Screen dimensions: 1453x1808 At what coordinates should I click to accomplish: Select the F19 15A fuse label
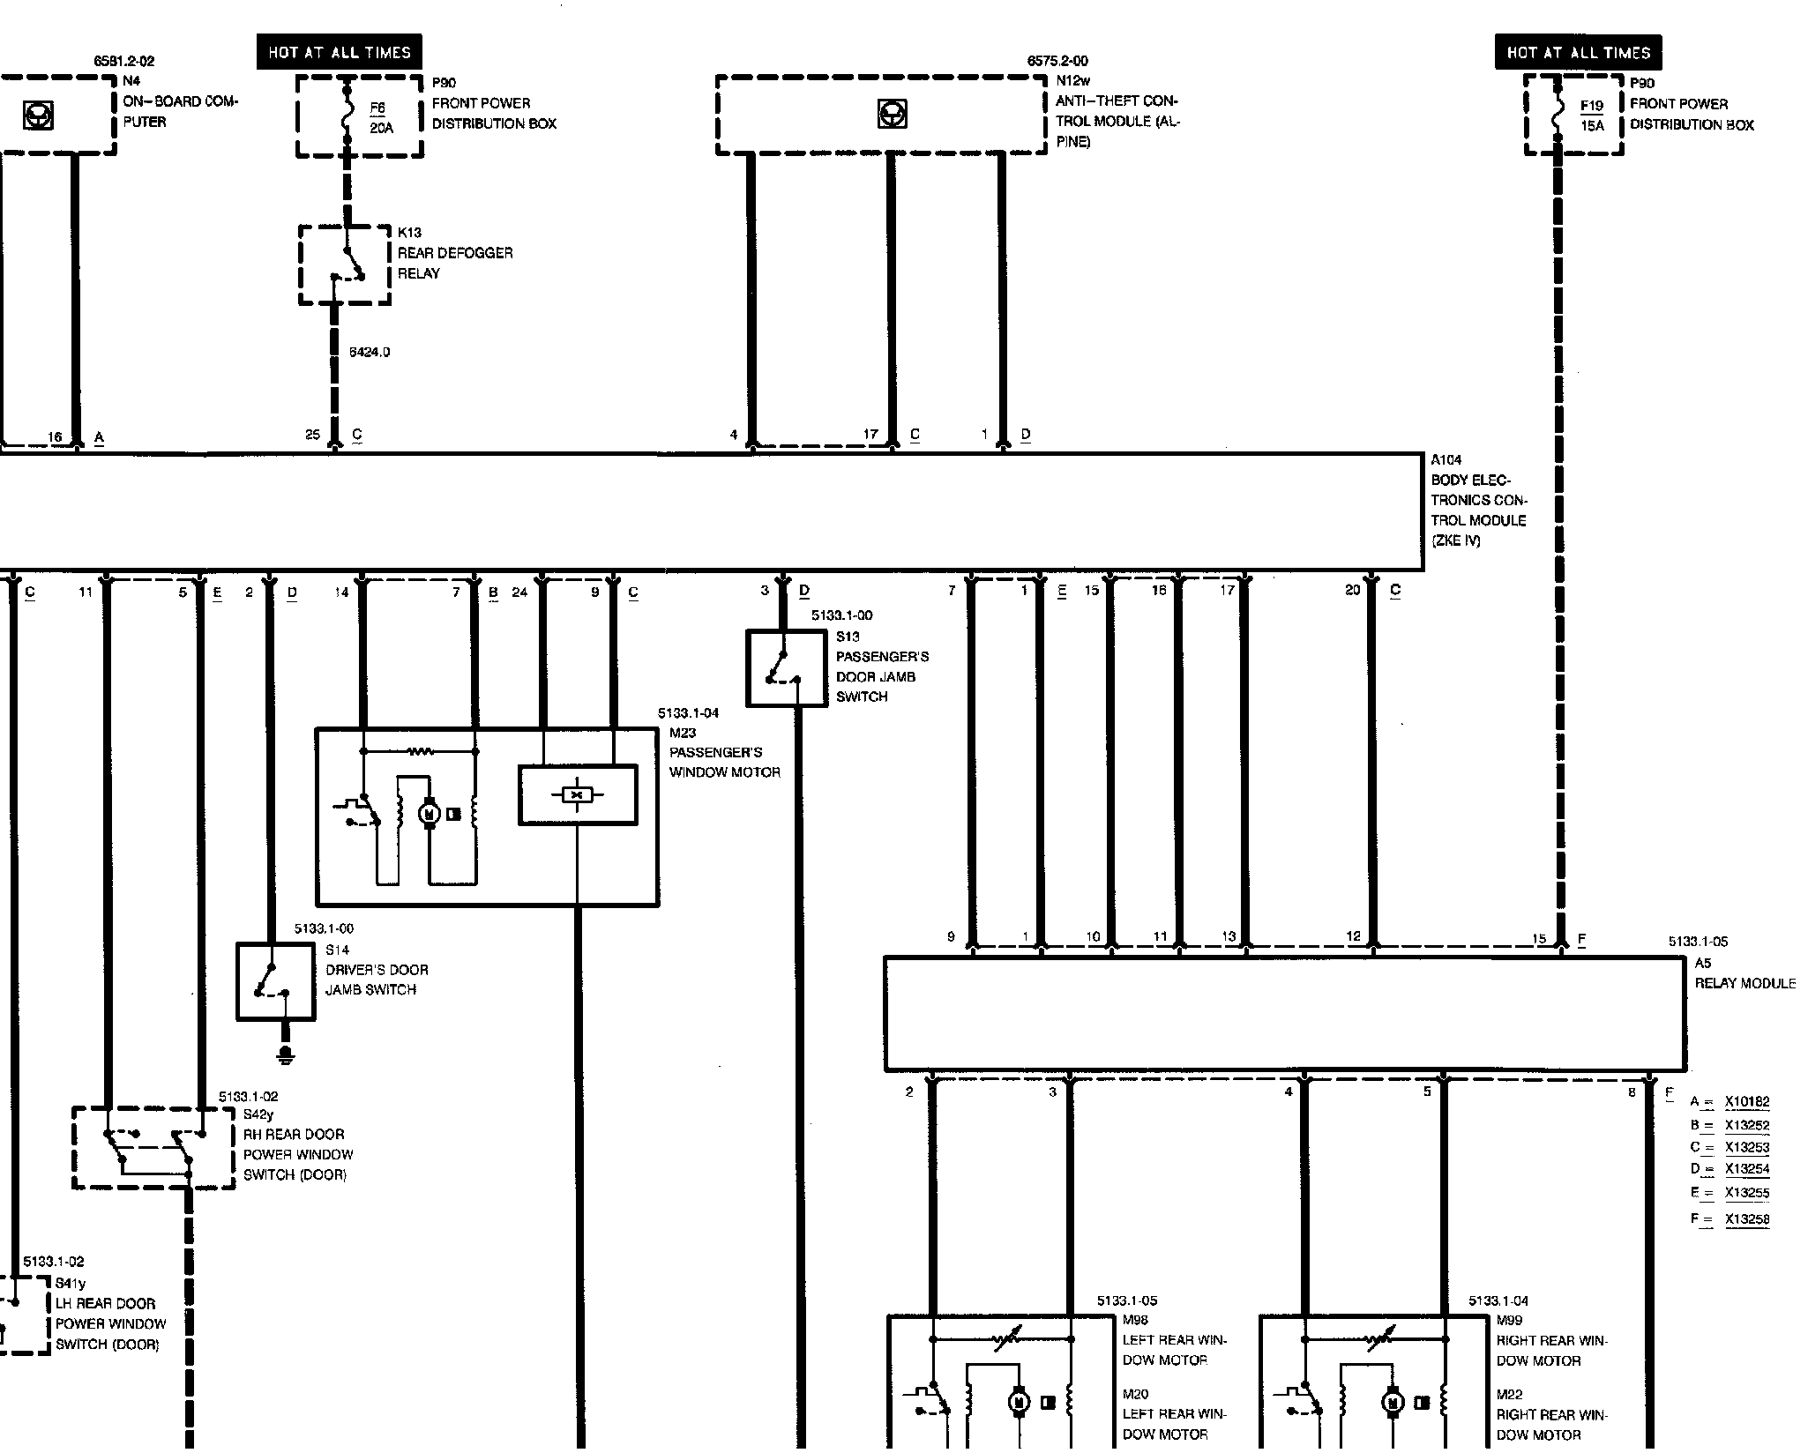[1591, 115]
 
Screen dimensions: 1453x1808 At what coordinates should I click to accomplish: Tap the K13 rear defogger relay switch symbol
[345, 265]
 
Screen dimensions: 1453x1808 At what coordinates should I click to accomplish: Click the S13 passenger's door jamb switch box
[786, 667]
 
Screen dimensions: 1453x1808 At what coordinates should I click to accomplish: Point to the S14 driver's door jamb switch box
[275, 981]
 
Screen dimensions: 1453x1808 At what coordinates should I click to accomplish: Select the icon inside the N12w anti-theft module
[892, 115]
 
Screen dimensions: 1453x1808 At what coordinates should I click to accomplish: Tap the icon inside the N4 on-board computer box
[38, 115]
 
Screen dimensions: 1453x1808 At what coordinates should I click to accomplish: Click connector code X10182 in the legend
[1746, 1101]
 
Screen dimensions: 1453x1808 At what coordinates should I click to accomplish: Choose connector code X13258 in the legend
[1746, 1219]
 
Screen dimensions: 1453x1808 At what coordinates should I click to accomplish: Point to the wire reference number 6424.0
[369, 352]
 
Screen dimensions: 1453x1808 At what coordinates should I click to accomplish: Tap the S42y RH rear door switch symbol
[152, 1147]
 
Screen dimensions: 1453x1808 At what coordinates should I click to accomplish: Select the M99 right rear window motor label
[1550, 1350]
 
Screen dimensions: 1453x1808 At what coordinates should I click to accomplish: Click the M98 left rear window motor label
[1173, 1350]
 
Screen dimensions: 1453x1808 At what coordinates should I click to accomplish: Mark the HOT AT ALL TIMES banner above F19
[1578, 52]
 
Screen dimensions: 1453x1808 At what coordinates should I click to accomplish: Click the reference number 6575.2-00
[1057, 61]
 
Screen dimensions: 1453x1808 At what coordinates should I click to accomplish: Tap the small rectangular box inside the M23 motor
[578, 794]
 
